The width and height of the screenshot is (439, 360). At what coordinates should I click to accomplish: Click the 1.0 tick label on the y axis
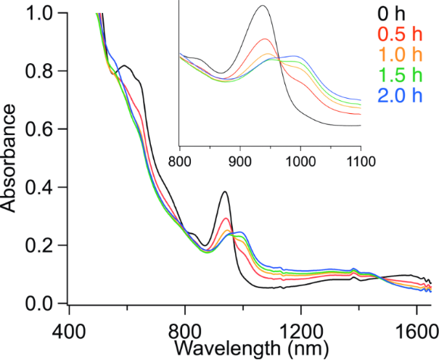tap(38, 14)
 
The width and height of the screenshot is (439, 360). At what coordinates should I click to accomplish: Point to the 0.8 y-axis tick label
tap(38, 72)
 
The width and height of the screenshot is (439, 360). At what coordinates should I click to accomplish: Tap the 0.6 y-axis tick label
tap(38, 130)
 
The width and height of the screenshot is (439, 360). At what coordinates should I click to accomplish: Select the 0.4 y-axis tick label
tap(38, 188)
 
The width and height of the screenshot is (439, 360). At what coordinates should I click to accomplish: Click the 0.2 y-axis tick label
tap(38, 246)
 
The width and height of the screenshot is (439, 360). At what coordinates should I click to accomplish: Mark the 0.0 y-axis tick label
tap(38, 303)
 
